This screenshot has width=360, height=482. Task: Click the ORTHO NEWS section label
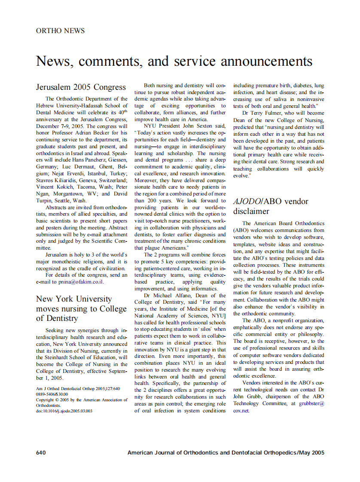pos(60,31)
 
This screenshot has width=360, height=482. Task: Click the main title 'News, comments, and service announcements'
pos(174,61)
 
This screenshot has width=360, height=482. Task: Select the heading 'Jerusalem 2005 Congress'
pos(81,87)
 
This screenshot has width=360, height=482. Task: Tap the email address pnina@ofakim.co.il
pos(82,282)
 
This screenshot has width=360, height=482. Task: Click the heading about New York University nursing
pos(81,308)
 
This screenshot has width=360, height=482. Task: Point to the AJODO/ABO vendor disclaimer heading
pos(271,206)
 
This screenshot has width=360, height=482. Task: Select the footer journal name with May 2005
pos(226,452)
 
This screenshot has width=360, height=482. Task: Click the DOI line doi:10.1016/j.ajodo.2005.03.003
pos(64,411)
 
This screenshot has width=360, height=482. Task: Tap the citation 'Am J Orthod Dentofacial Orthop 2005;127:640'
pos(78,389)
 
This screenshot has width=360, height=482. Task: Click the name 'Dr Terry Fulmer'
pos(264,113)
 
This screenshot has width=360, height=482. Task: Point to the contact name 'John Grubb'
pos(245,397)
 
